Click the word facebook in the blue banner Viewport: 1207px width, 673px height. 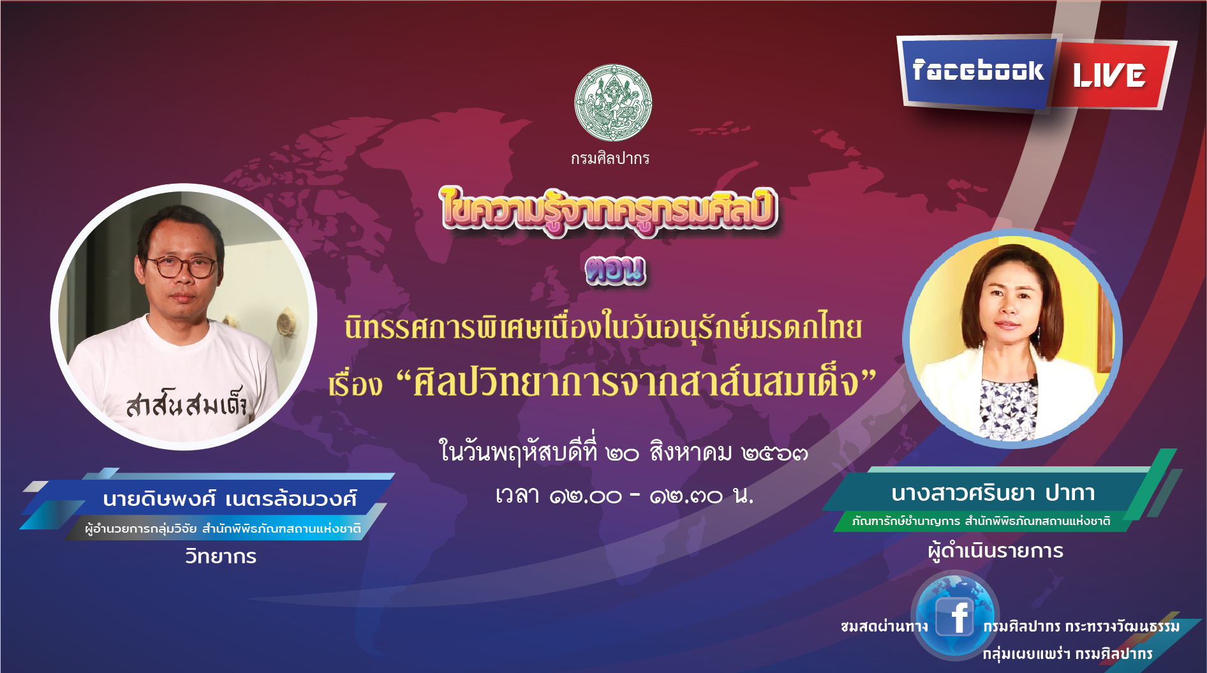point(977,70)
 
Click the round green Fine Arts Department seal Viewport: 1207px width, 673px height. point(613,103)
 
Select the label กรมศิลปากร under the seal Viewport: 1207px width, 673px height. point(610,158)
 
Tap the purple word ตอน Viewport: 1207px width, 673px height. point(615,270)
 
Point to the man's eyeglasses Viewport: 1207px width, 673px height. point(182,267)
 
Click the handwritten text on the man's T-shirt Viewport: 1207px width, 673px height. point(186,403)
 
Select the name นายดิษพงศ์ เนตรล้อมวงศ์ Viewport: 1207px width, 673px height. point(229,498)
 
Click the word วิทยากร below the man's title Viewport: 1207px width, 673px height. point(221,556)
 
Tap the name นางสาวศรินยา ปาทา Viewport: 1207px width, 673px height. point(993,493)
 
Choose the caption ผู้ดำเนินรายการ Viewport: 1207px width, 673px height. point(995,551)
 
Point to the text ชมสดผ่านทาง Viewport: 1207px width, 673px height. point(884,626)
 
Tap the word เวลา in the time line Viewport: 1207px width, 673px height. point(517,495)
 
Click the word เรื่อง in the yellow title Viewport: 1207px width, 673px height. point(355,385)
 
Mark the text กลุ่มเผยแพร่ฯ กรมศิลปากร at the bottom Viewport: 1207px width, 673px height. point(1067,654)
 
